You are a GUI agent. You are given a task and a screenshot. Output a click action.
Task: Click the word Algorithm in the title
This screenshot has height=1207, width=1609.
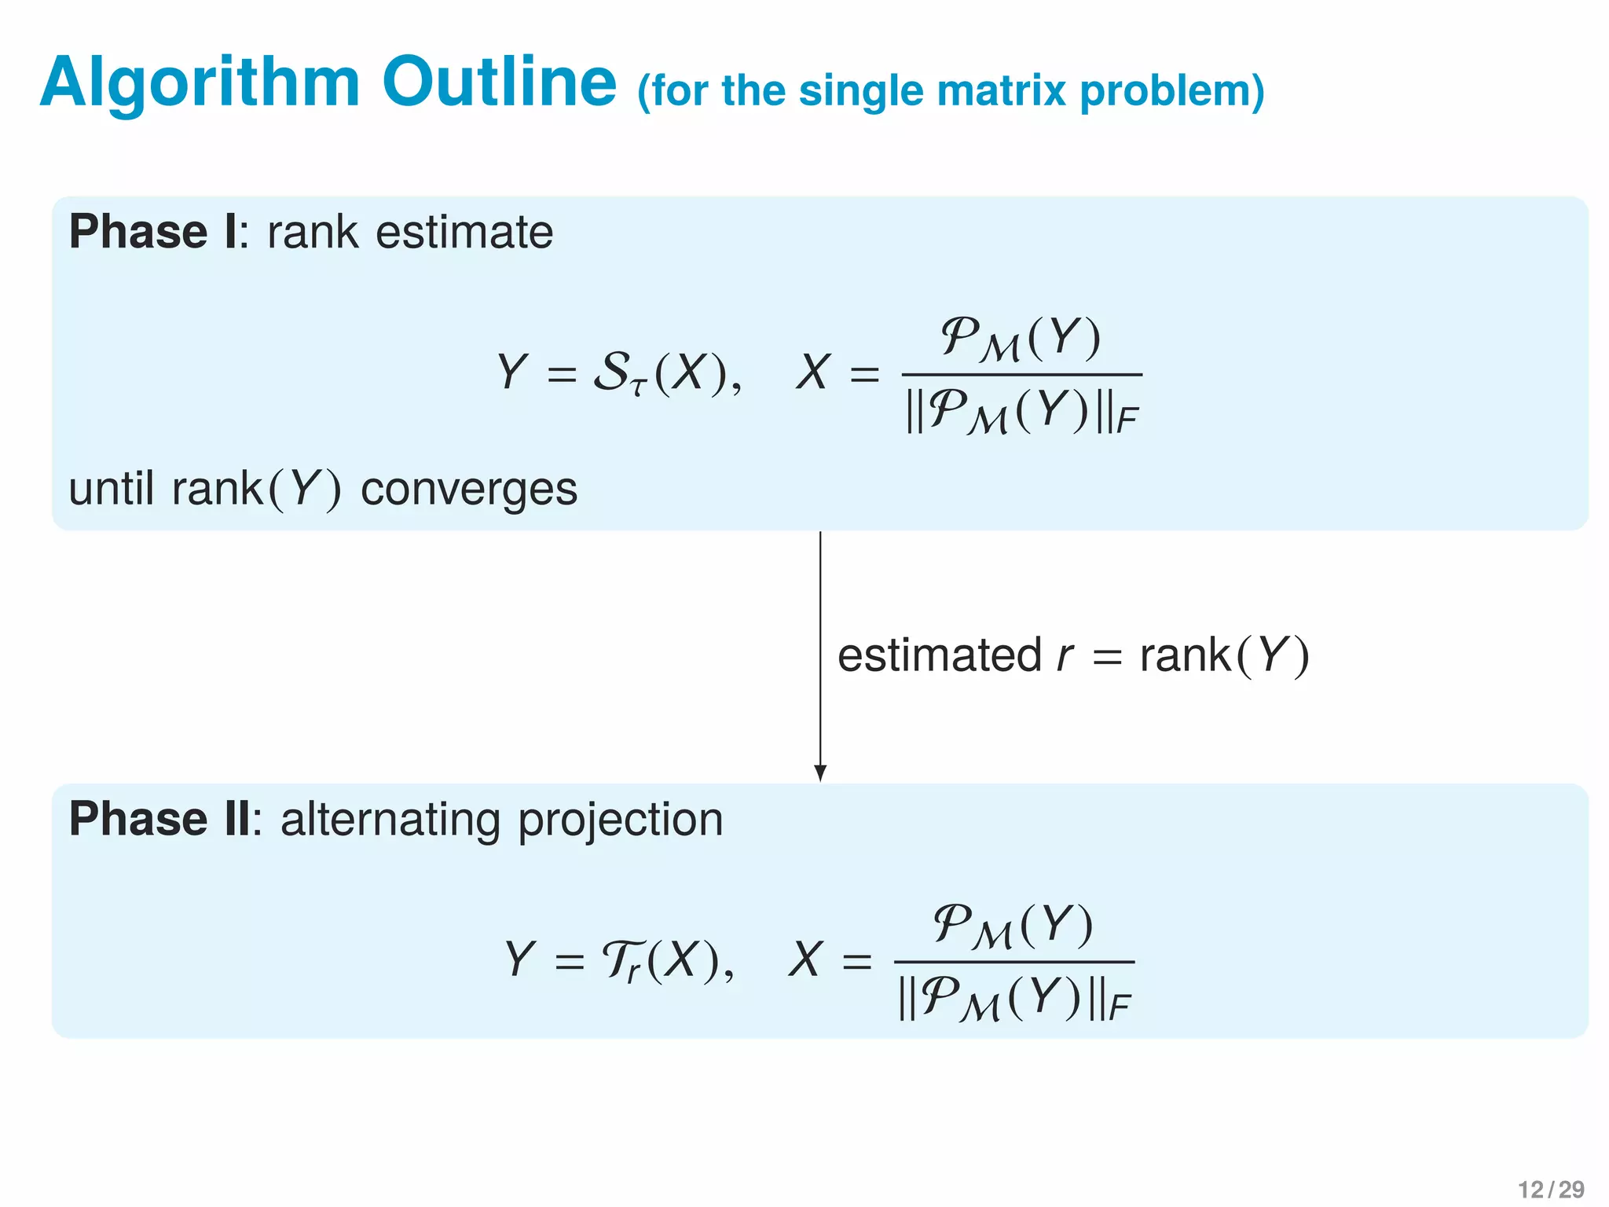pos(200,83)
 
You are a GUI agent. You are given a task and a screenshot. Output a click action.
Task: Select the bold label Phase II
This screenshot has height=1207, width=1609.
pos(160,819)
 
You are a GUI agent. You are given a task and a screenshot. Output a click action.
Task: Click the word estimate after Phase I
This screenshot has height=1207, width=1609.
pos(464,233)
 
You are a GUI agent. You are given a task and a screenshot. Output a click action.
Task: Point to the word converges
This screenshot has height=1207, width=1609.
pos(469,489)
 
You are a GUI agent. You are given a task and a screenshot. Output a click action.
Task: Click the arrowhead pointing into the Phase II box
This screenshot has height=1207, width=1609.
pos(820,773)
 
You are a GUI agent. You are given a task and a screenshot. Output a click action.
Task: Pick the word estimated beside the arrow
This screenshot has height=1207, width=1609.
pos(940,655)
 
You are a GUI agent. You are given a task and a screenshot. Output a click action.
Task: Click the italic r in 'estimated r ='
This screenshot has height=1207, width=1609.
pos(1065,655)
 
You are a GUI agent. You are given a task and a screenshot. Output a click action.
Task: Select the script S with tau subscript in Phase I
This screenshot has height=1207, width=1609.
pos(618,372)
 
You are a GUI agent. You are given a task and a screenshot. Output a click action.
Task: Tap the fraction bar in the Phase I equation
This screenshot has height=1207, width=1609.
pos(1021,374)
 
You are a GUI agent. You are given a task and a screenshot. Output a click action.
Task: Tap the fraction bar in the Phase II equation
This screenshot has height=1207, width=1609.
pos(1014,961)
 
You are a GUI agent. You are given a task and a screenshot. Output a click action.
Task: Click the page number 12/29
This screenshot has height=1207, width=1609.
pos(1551,1189)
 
